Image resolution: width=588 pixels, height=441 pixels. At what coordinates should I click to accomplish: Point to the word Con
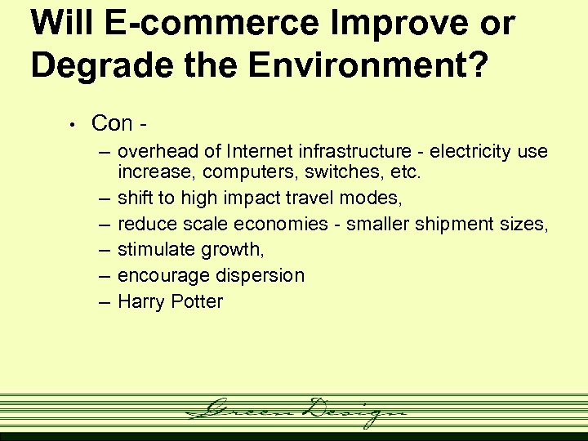point(113,123)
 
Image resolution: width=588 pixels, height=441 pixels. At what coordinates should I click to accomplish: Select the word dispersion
point(261,275)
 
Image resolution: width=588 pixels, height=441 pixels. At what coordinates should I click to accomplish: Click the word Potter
point(196,301)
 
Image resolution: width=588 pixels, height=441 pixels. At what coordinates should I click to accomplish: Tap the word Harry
point(140,301)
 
